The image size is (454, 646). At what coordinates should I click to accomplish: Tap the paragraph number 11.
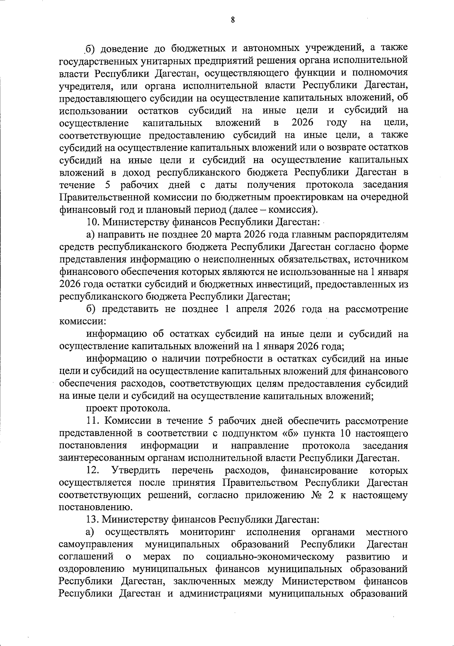(93, 421)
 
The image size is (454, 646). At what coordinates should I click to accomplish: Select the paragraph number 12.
(92, 471)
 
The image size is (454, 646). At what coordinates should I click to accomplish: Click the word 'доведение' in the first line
(122, 48)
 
